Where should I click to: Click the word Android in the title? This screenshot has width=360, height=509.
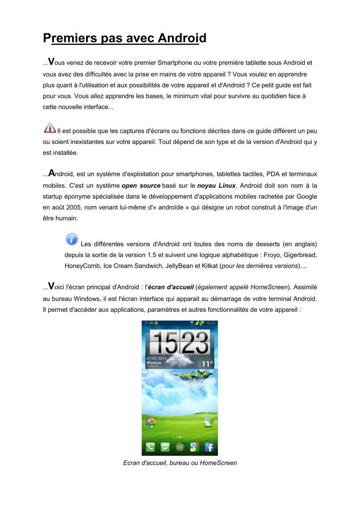click(x=182, y=38)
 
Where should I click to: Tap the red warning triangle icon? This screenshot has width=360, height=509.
click(x=50, y=128)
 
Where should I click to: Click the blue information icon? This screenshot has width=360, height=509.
click(x=72, y=239)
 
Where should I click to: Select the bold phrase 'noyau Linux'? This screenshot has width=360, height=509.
click(x=216, y=186)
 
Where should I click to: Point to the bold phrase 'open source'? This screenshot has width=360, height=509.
click(x=141, y=186)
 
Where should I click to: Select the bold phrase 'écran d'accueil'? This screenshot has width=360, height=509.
click(x=171, y=287)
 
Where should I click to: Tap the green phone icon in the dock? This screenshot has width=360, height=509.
click(x=150, y=447)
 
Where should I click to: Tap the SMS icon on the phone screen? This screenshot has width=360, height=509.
click(x=165, y=447)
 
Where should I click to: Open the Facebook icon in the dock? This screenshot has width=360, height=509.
click(x=209, y=447)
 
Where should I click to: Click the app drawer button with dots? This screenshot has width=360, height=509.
click(x=180, y=447)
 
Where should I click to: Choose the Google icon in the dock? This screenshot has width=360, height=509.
click(x=195, y=447)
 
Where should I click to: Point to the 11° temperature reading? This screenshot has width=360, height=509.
click(x=207, y=364)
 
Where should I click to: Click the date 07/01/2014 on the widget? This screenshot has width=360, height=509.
click(x=157, y=358)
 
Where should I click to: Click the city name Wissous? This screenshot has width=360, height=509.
click(x=154, y=363)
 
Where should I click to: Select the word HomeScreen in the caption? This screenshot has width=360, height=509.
click(x=218, y=463)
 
